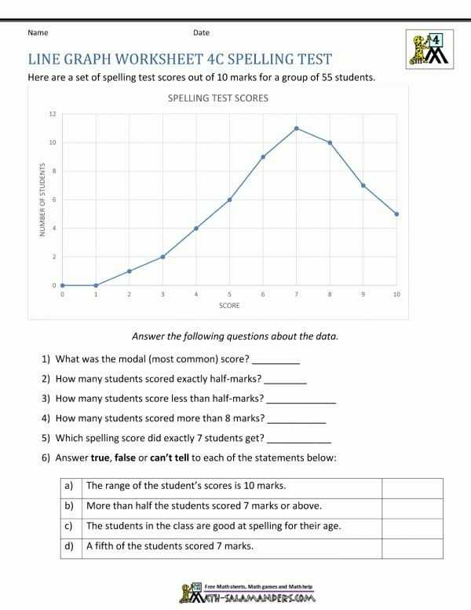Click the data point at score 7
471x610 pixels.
click(297, 128)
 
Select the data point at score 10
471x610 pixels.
click(397, 214)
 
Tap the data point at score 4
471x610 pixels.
click(196, 228)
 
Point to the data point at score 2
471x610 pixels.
click(129, 271)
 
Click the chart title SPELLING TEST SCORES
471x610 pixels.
click(218, 98)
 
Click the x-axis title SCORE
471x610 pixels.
click(230, 306)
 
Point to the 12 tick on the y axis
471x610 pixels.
click(53, 114)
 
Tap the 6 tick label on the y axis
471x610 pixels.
click(54, 200)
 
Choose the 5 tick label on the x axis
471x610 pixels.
click(229, 294)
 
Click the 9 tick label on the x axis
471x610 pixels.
click(363, 294)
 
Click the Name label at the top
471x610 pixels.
click(38, 33)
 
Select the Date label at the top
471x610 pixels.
click(201, 33)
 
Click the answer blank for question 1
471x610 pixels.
click(276, 361)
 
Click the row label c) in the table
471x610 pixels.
click(69, 526)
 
